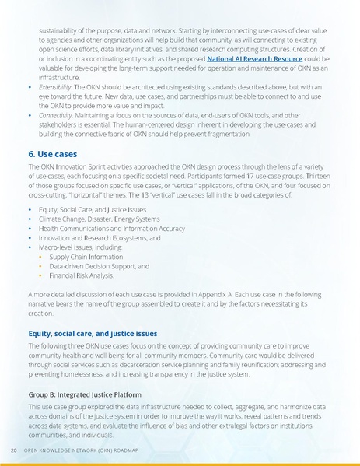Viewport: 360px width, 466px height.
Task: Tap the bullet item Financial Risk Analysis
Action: coord(81,275)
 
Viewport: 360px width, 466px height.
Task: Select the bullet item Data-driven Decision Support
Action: coord(98,265)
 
